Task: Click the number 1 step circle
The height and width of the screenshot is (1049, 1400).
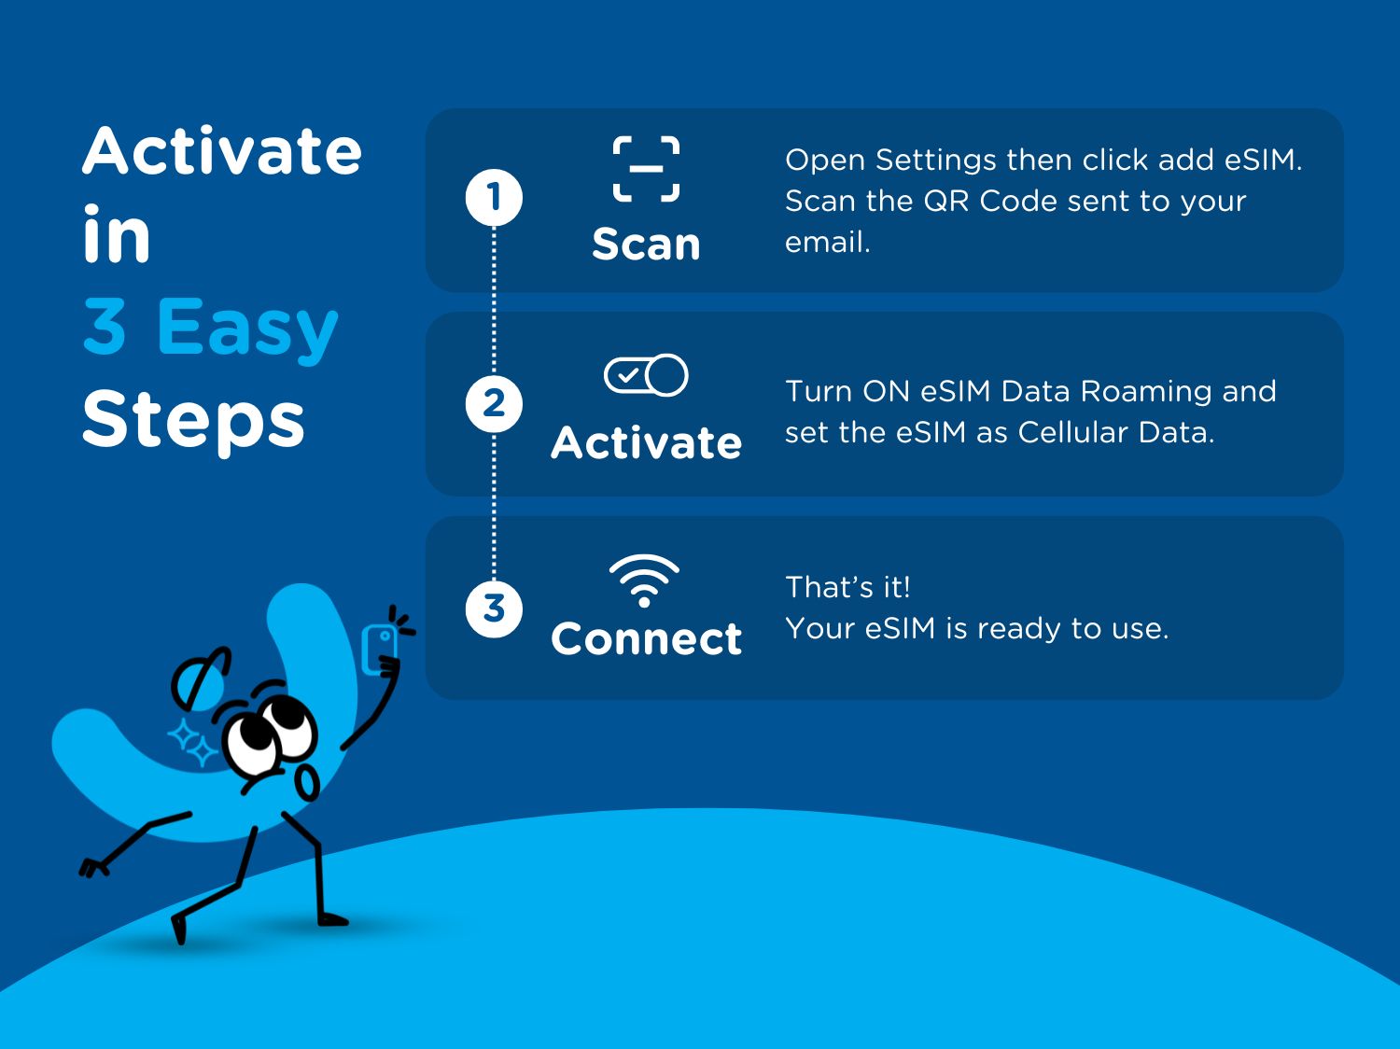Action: (494, 197)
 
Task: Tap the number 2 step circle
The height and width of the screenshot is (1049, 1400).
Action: (494, 404)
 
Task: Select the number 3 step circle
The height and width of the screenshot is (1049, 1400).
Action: (494, 609)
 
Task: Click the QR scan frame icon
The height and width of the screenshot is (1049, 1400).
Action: (646, 169)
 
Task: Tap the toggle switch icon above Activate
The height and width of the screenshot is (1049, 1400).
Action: (646, 375)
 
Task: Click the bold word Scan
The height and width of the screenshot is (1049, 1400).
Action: (646, 245)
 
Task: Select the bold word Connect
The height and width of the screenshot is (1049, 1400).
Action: (646, 638)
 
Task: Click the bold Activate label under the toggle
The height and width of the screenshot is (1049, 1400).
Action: (646, 442)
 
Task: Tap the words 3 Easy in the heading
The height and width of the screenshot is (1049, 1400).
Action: (211, 328)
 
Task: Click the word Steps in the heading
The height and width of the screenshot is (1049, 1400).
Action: (193, 421)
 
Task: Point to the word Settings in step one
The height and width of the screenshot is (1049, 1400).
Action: (935, 161)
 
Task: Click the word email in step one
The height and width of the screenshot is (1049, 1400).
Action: (827, 243)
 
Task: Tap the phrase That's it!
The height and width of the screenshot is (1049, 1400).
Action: (847, 587)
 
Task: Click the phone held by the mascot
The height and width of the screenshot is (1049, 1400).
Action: (380, 649)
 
